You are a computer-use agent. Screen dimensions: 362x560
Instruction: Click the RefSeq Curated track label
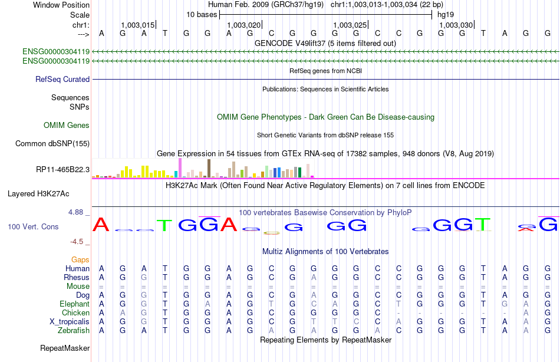(x=62, y=79)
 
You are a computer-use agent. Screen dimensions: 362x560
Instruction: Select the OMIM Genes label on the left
(x=67, y=125)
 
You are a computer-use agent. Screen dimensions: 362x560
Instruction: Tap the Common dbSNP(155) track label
(x=52, y=143)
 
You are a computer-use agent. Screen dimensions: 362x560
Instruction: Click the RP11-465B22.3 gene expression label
(x=62, y=170)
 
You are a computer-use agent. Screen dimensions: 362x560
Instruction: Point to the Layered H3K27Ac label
(x=38, y=193)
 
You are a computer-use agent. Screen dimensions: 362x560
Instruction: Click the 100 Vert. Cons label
(x=34, y=226)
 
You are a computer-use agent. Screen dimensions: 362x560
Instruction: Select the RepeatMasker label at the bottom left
(x=64, y=348)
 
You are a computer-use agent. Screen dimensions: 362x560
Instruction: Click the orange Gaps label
(x=80, y=259)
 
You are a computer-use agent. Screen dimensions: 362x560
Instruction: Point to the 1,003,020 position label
(x=243, y=25)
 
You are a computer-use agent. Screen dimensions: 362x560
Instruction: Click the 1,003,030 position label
(x=456, y=25)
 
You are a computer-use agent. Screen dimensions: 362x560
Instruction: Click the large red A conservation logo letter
(x=102, y=225)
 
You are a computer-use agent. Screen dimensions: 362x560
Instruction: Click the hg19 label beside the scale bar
(x=446, y=14)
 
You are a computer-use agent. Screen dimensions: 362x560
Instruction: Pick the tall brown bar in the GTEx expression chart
(x=209, y=168)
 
